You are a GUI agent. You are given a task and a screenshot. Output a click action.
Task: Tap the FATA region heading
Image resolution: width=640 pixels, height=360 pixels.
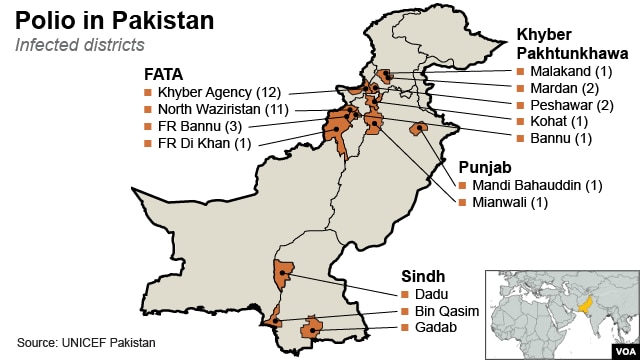click(163, 73)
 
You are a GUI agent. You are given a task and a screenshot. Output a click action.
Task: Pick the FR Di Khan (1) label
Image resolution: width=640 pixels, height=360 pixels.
click(205, 143)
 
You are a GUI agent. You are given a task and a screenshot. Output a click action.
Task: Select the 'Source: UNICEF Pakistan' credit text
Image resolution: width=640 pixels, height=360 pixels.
click(87, 343)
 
